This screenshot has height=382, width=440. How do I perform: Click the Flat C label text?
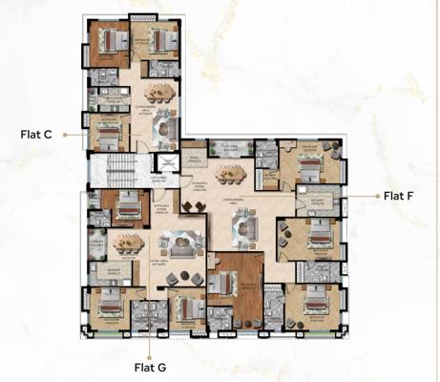[35, 135]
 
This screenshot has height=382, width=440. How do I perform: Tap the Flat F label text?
[398, 197]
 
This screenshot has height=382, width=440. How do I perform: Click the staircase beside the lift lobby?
[119, 172]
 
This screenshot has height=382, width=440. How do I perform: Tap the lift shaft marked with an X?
[166, 163]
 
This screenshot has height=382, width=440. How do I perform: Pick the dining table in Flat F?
[230, 173]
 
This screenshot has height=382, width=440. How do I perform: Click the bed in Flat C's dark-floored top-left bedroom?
[111, 40]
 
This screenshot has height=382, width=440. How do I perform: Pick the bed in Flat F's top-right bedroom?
[312, 165]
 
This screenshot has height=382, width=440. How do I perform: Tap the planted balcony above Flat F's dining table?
[227, 147]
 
